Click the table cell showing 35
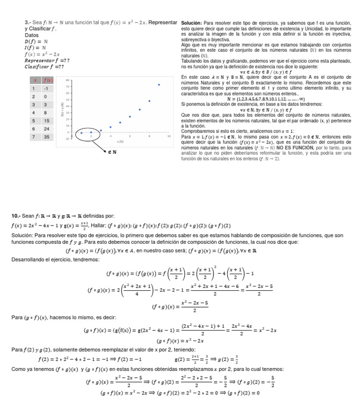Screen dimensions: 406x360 coord(47,137)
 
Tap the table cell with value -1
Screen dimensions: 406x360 coord(47,88)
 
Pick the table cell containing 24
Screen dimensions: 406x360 coord(47,129)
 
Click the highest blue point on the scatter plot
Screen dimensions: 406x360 coord(159,85)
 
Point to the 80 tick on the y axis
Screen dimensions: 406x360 coord(68,80)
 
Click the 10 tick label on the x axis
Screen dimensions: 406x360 coord(169,135)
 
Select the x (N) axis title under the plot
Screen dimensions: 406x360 coord(121,141)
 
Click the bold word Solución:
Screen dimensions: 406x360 coord(191,23)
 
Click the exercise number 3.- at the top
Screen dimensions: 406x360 coord(27,23)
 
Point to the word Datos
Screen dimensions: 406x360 coord(32,35)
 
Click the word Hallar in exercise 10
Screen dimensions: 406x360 coord(99,226)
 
